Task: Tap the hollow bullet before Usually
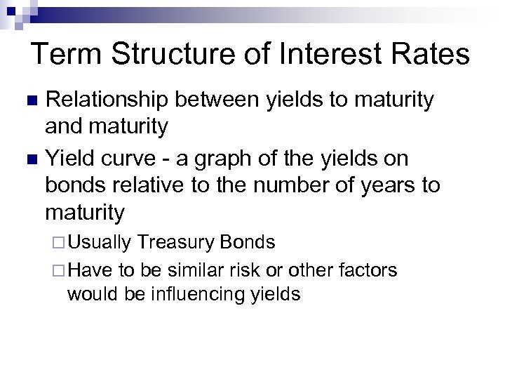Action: (59, 244)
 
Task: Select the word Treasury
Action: (177, 244)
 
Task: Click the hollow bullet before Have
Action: (59, 270)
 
